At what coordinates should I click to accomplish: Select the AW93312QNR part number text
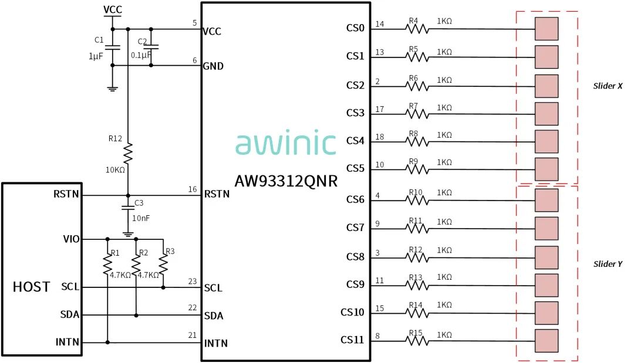tap(286, 181)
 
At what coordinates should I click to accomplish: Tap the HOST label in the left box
tap(31, 287)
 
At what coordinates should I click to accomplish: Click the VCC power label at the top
tap(112, 9)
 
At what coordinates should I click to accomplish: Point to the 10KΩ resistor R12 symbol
tap(128, 154)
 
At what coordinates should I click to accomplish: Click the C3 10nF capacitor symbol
tap(128, 208)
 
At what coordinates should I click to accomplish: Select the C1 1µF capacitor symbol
tap(112, 48)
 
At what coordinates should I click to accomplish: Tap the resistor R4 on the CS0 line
tap(417, 29)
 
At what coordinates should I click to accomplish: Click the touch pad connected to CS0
tap(547, 29)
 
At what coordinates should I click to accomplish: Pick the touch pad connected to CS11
tap(547, 341)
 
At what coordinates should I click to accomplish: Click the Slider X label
tap(608, 86)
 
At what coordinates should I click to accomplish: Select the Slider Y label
tap(608, 264)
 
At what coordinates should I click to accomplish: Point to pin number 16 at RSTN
tap(193, 189)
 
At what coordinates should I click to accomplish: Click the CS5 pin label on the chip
tap(355, 168)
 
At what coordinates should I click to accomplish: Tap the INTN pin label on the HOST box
tap(67, 342)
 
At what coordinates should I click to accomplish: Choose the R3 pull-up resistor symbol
tap(163, 265)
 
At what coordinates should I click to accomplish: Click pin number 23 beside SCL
tap(193, 281)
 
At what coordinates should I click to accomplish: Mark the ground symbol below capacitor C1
tap(112, 89)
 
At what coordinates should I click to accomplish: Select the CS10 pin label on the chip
tap(352, 312)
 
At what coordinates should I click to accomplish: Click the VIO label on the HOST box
tap(71, 239)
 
